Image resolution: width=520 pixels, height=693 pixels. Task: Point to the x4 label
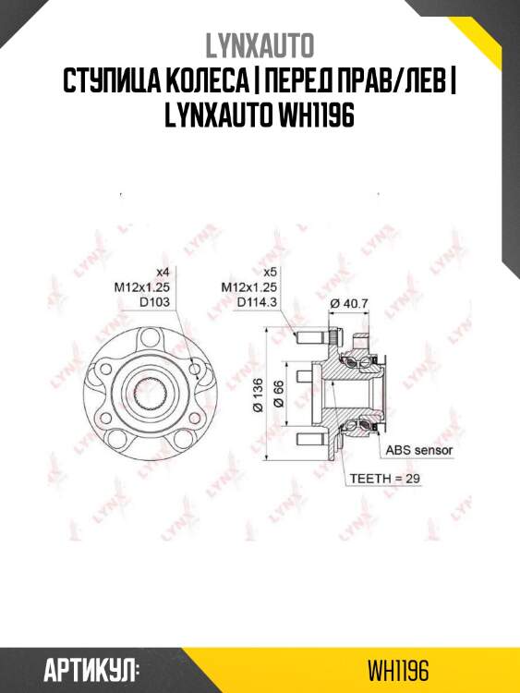(163, 272)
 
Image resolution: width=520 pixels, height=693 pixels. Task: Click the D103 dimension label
(157, 301)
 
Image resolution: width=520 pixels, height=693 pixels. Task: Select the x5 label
(271, 272)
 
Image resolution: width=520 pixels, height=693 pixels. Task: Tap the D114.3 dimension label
(259, 301)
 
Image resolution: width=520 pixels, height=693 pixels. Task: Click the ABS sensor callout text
(419, 450)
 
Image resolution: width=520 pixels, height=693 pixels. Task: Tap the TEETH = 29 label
(383, 479)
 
